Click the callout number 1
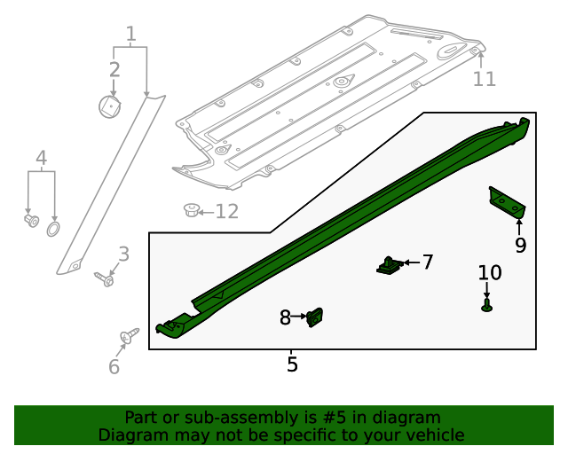(x=130, y=35)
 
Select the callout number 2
(x=114, y=69)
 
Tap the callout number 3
(x=124, y=254)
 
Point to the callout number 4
(x=41, y=159)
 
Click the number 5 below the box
(x=292, y=364)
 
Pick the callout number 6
(x=114, y=367)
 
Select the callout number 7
(x=427, y=262)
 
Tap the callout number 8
(x=285, y=317)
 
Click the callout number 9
(x=520, y=244)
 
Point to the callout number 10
(x=490, y=273)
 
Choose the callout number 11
(x=484, y=79)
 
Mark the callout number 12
(x=227, y=212)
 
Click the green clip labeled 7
(x=388, y=264)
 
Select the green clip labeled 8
(x=314, y=317)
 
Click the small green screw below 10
(x=487, y=306)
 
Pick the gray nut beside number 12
(x=189, y=210)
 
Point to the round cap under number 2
(x=109, y=106)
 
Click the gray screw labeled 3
(x=104, y=279)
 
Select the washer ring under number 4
(x=52, y=230)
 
